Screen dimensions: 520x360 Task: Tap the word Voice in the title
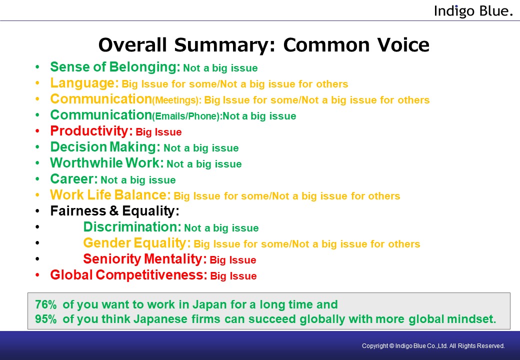pos(403,45)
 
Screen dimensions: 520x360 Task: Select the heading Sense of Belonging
pos(115,67)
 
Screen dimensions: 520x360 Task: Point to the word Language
pos(84,83)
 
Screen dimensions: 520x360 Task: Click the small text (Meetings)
pos(177,100)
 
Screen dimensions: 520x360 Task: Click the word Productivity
pos(91,131)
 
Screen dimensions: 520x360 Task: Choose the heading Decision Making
pos(105,146)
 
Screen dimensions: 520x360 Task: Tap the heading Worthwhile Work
pos(107,163)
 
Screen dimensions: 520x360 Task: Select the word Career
pos(74,178)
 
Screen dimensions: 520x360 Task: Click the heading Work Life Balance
pos(110,194)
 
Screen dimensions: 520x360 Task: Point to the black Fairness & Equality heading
pos(114,211)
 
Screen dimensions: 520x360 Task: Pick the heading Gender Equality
pos(137,243)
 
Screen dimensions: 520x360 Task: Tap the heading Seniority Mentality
pos(145,259)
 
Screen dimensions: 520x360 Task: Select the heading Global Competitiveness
pos(128,275)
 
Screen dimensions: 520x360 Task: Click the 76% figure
pos(46,304)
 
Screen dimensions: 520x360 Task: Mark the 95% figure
pos(46,319)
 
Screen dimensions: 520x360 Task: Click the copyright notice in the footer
pos(433,345)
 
